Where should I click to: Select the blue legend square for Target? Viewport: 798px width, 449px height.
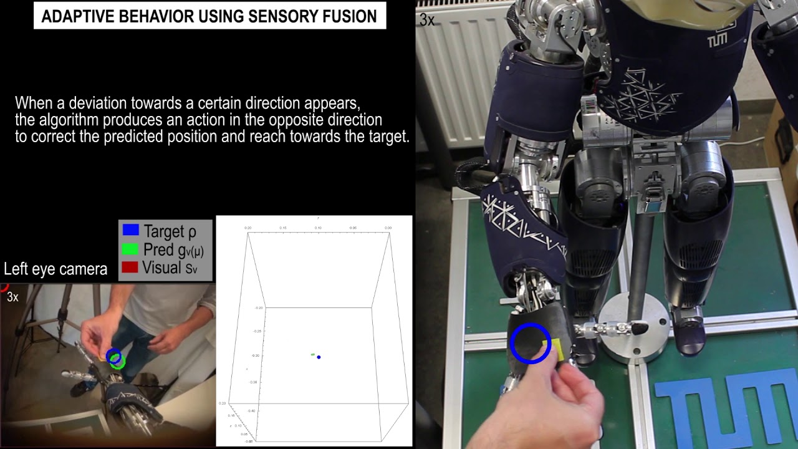(x=130, y=230)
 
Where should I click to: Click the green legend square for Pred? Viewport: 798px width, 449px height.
(x=130, y=249)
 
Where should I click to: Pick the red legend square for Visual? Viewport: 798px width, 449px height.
(x=130, y=268)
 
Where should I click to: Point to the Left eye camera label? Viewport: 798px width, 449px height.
(x=55, y=269)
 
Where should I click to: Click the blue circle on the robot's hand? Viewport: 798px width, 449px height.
(x=531, y=342)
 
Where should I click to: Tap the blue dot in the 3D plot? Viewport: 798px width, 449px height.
(x=319, y=357)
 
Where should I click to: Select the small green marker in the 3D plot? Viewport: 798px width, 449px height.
(x=313, y=354)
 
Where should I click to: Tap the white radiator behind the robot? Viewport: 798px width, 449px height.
(x=458, y=75)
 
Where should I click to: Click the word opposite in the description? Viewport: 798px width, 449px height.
(x=294, y=120)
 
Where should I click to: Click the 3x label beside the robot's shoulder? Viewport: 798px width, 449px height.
(x=427, y=20)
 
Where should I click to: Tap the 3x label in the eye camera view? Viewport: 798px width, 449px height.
(x=12, y=297)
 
